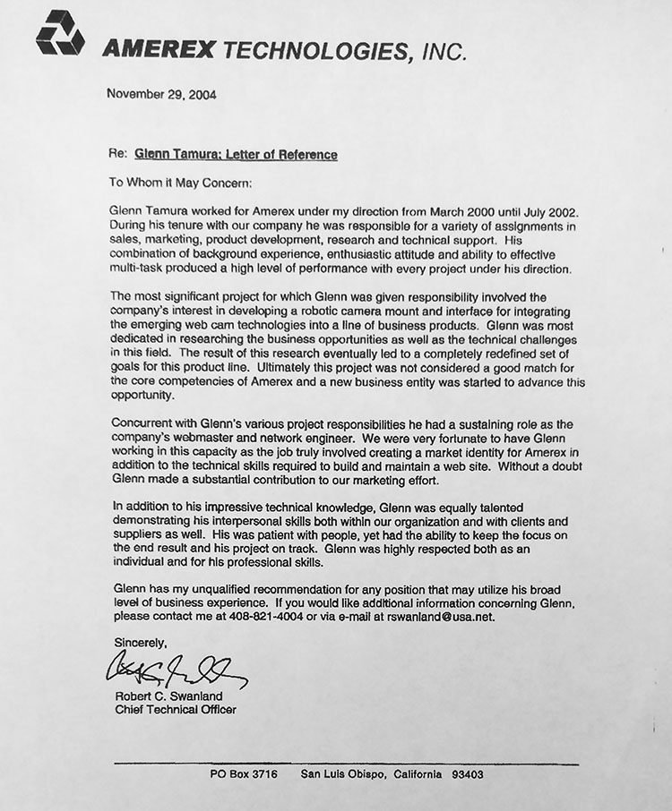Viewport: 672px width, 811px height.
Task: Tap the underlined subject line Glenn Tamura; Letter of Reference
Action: (x=236, y=155)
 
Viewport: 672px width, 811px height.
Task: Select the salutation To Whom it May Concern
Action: (x=181, y=182)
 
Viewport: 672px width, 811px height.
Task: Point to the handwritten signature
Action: (x=171, y=666)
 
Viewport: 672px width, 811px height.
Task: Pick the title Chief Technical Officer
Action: (x=176, y=711)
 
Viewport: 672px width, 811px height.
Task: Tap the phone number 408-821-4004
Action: (x=269, y=617)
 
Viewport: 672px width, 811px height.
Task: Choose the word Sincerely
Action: (x=141, y=642)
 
